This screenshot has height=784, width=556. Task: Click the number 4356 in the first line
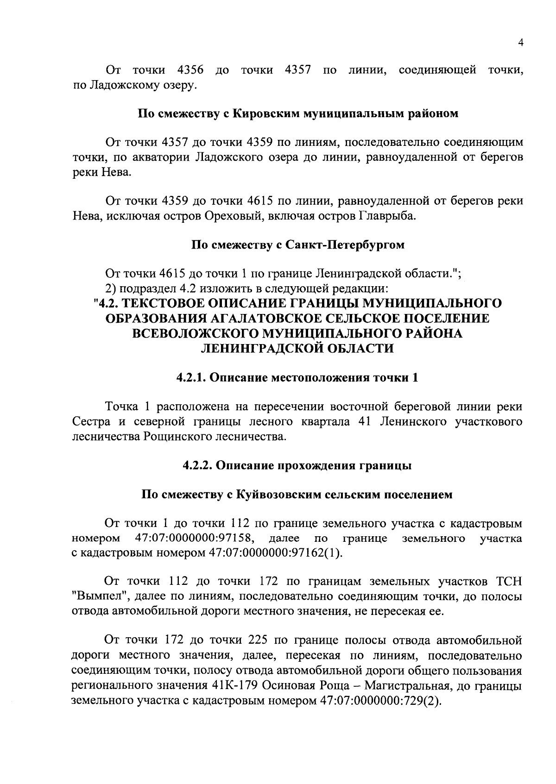pyautogui.click(x=190, y=70)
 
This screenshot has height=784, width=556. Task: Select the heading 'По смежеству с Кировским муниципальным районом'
pyautogui.click(x=298, y=113)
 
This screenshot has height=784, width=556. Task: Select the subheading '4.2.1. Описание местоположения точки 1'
pyautogui.click(x=298, y=378)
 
